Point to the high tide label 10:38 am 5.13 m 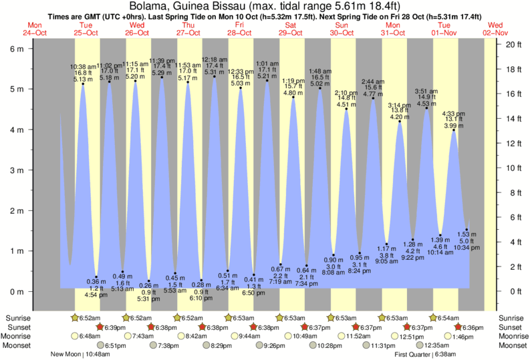84,73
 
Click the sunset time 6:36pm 471,327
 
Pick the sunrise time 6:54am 449,318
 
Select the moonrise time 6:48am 89,336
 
